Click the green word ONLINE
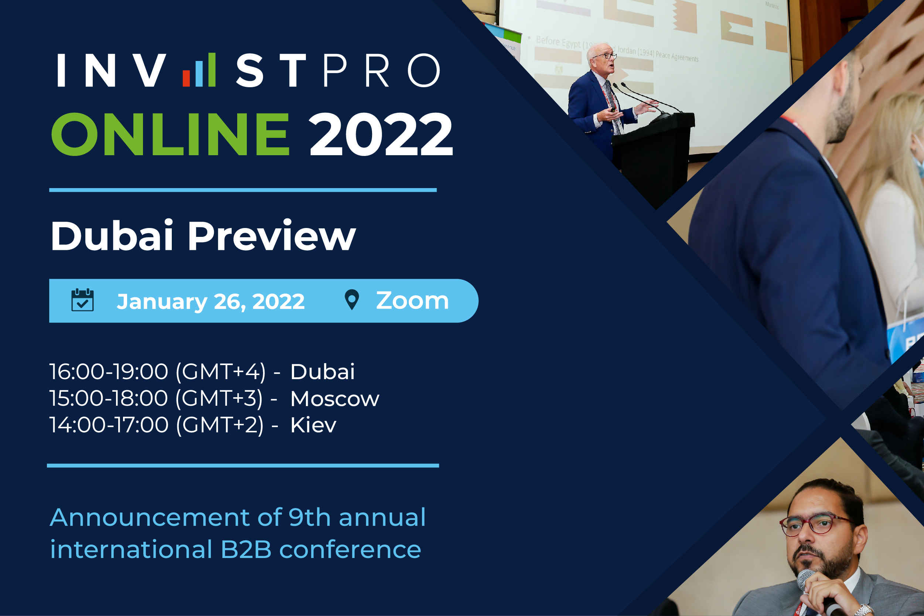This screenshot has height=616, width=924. (x=170, y=134)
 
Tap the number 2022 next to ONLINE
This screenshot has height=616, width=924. (x=381, y=134)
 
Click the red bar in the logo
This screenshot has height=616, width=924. (x=186, y=78)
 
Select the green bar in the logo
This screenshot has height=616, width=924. (x=212, y=69)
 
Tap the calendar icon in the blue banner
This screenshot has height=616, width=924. (x=82, y=300)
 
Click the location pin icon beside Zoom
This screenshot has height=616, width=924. (x=352, y=299)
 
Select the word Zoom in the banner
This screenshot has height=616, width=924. (x=412, y=301)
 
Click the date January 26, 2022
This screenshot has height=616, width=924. (x=211, y=302)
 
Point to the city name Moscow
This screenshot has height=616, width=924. (x=335, y=399)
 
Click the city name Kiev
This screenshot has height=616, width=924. (x=313, y=425)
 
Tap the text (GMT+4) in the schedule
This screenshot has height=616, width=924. (x=220, y=372)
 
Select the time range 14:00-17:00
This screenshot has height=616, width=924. (x=109, y=425)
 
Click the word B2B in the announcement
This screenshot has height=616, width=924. (x=246, y=549)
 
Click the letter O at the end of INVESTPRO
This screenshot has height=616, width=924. (x=424, y=70)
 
